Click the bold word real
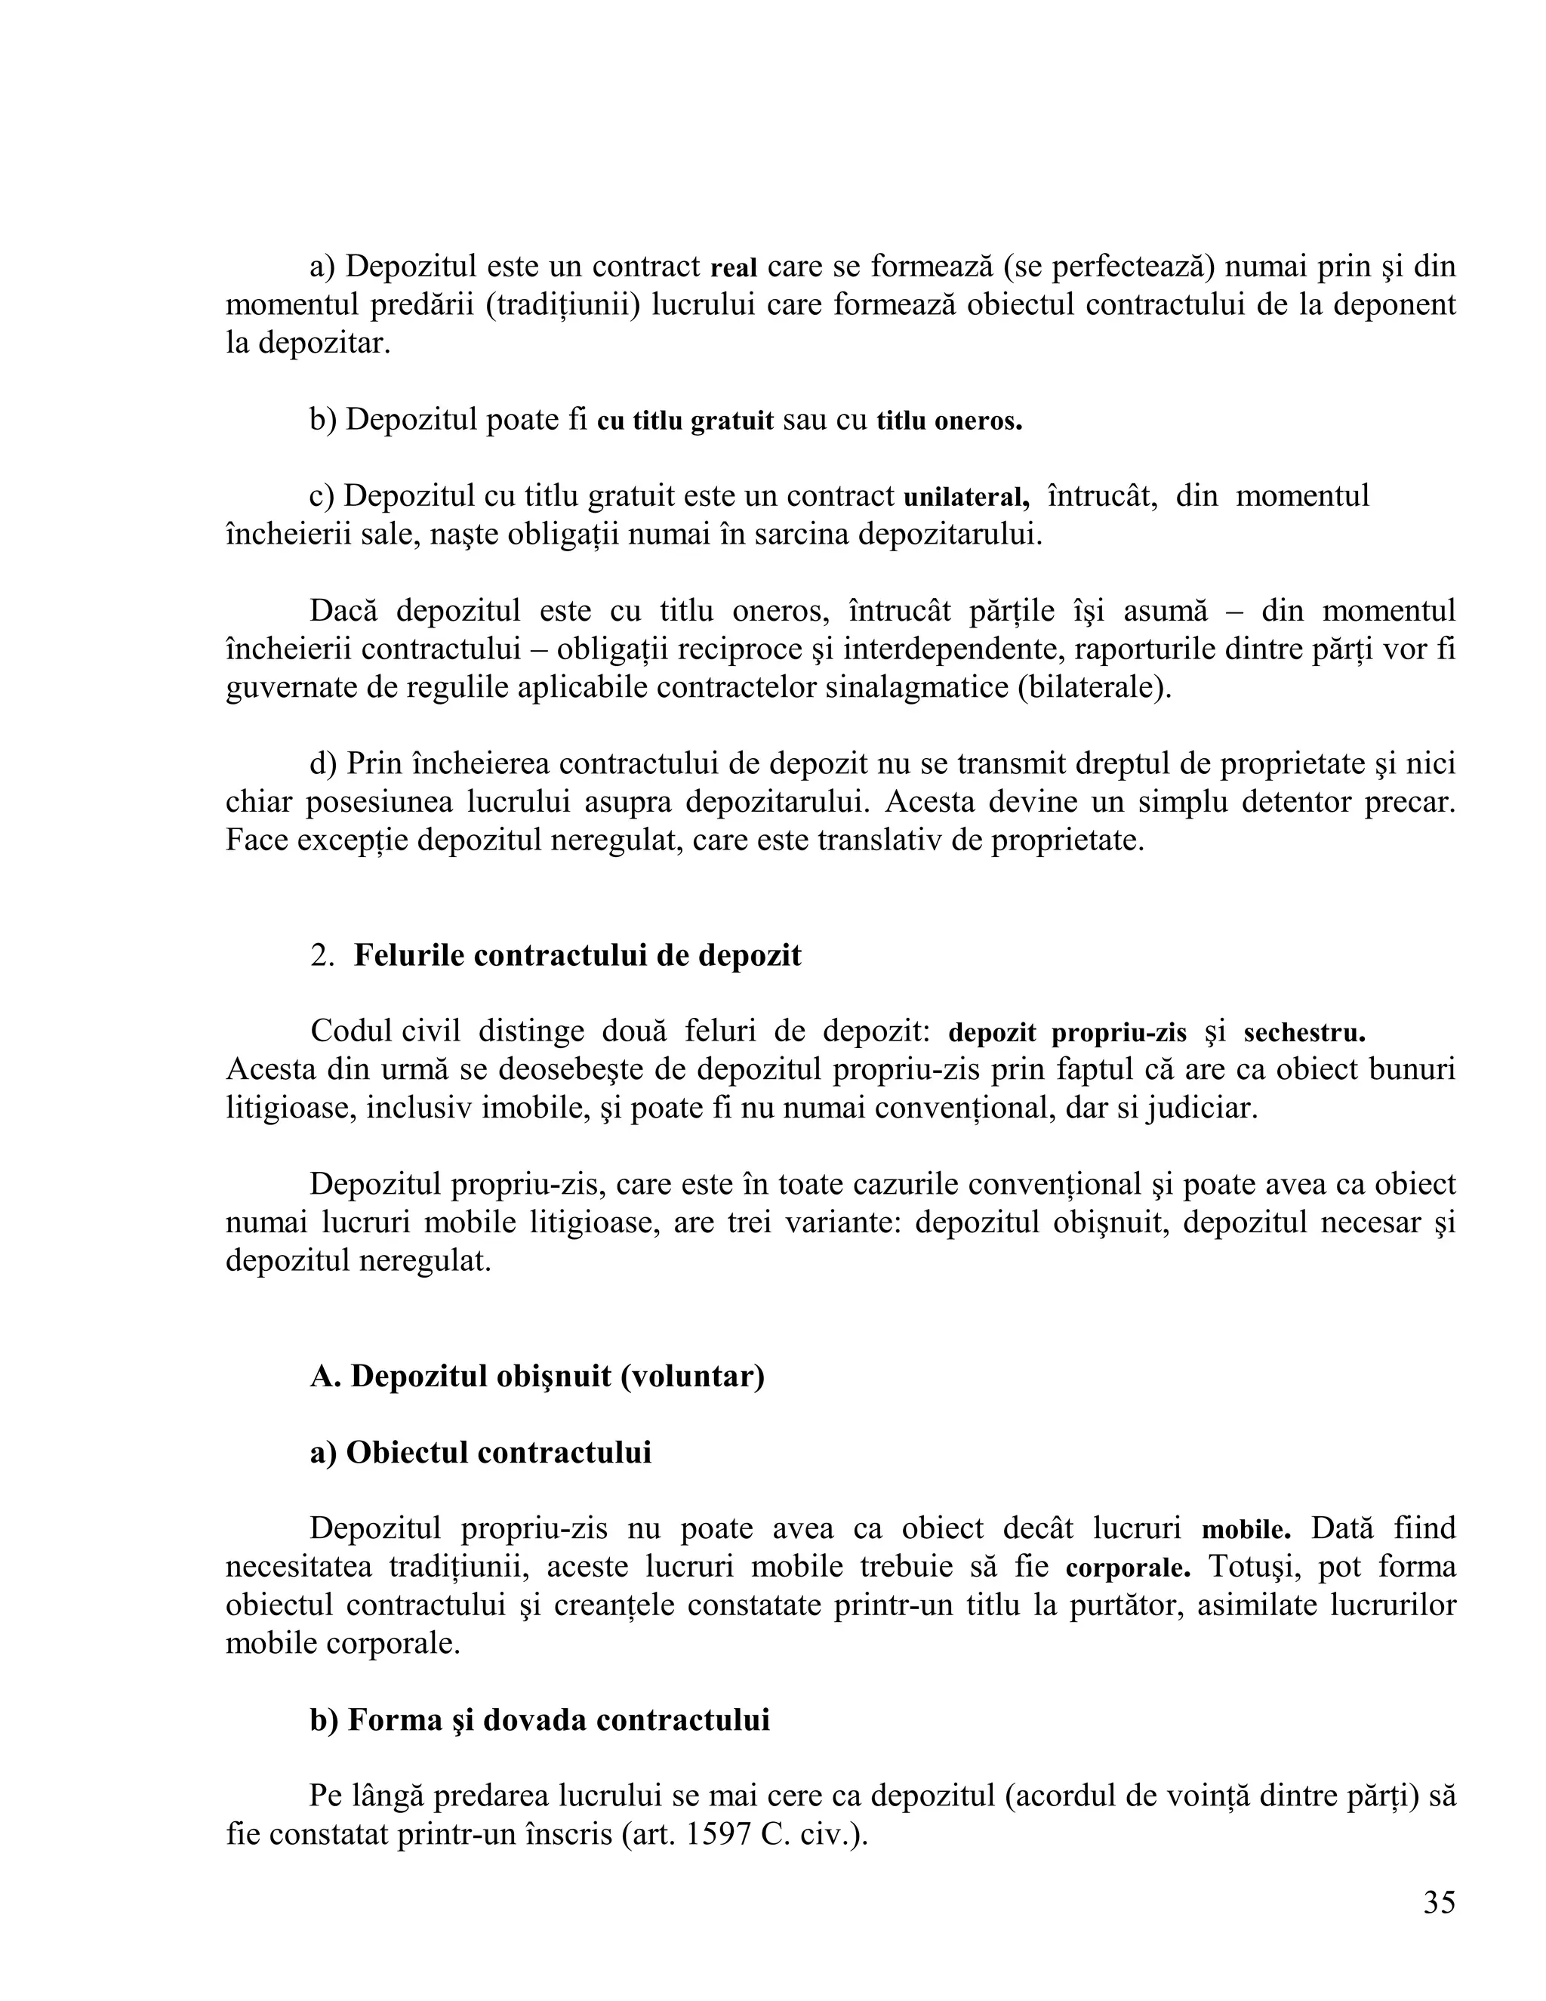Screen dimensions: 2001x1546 tap(734, 269)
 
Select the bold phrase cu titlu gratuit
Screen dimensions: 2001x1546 tap(685, 421)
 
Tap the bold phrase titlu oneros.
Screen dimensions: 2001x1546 tap(949, 421)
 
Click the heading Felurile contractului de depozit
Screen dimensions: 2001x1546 tap(577, 956)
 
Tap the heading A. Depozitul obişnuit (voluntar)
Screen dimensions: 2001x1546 tap(537, 1376)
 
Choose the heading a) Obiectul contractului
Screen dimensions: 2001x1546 tap(481, 1452)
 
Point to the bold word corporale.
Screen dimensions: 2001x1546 tap(1129, 1568)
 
